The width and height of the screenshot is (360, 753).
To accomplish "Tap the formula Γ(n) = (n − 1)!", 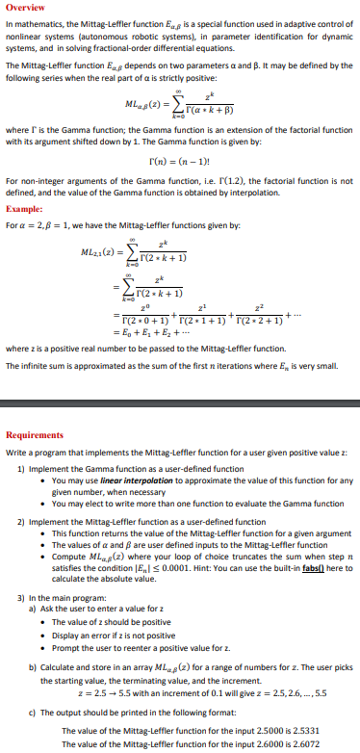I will [179, 163].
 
